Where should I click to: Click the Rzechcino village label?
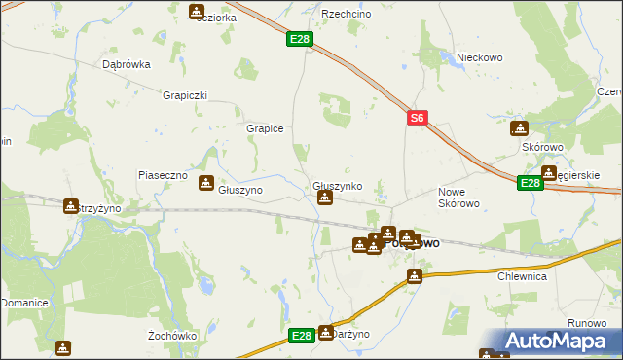343,15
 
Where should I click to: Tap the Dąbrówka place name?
127,65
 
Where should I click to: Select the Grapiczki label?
186,95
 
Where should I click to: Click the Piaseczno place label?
162,175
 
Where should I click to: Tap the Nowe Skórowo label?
459,198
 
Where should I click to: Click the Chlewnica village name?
523,276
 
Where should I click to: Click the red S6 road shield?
417,118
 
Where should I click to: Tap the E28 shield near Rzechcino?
300,40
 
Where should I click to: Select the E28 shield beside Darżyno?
302,336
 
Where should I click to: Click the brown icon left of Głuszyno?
206,183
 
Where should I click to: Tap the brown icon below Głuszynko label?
325,198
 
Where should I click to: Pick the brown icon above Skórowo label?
520,128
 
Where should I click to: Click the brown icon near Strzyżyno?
70,206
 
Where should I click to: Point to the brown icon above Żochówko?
63,347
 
